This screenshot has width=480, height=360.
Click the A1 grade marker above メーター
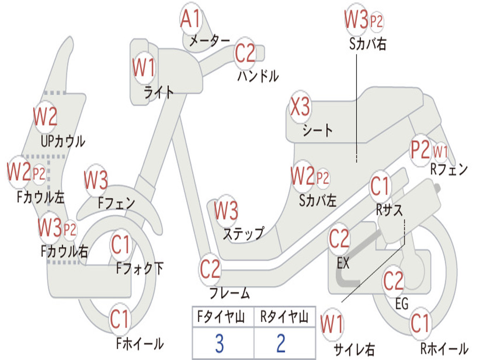coord(191,19)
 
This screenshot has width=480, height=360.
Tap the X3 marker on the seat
coord(300,108)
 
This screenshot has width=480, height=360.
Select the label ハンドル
coord(258,75)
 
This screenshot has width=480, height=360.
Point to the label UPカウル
coord(63,141)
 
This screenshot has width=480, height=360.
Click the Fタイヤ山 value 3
coord(219,344)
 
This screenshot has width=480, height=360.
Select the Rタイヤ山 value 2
coord(281,344)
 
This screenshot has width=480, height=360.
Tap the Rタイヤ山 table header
coord(284,318)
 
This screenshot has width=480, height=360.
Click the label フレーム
coord(229,294)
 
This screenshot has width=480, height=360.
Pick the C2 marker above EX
coord(339,240)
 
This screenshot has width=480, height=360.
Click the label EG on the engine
coord(402,304)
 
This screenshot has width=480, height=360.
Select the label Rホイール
coord(444,348)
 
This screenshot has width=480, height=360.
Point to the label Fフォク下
coord(140,269)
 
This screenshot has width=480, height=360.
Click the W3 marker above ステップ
coord(226,211)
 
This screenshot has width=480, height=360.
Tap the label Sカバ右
coord(367,44)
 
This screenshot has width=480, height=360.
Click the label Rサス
coord(389,210)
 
